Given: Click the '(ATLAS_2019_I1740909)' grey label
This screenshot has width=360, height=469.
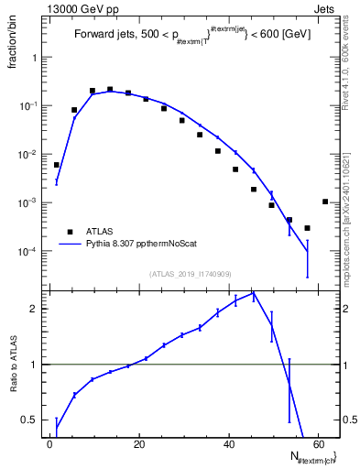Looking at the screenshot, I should [x=189, y=274].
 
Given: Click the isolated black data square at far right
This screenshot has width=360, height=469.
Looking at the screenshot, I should [x=325, y=202].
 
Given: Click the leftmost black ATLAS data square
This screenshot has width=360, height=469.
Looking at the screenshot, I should [x=57, y=165].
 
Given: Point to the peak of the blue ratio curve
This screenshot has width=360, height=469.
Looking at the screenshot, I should [x=254, y=293].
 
